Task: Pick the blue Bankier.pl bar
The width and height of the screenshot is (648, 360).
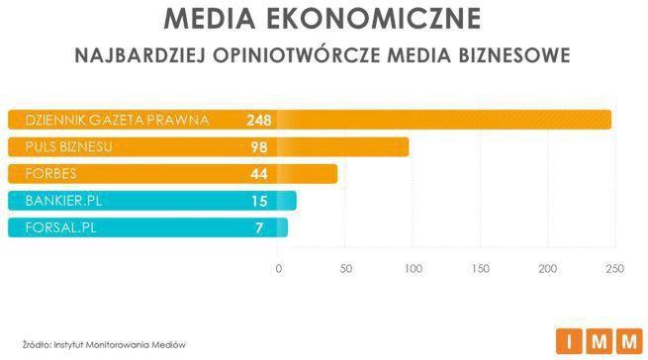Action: click(148, 201)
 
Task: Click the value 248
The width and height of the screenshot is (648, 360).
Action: click(259, 121)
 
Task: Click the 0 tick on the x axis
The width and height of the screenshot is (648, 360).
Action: click(279, 268)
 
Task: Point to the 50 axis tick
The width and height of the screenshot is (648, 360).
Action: click(346, 268)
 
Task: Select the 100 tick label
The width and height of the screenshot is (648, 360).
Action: click(414, 268)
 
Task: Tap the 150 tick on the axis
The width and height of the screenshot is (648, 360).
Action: click(481, 268)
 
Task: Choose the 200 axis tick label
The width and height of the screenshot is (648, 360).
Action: click(548, 268)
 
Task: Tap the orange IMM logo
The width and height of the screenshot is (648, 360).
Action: click(600, 341)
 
